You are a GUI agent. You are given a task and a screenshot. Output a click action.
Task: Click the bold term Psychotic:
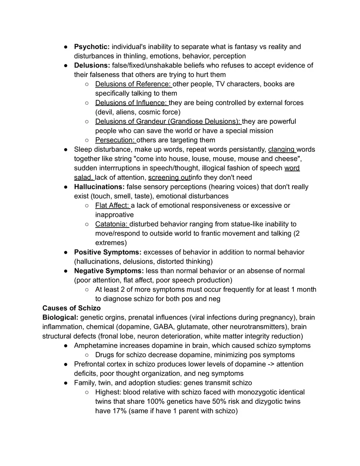[x=92, y=47]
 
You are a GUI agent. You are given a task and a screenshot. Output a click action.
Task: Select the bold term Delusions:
[x=92, y=65]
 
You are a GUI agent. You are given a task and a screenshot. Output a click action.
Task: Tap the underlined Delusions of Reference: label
[x=133, y=84]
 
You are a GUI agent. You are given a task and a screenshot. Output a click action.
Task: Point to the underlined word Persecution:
[x=115, y=140]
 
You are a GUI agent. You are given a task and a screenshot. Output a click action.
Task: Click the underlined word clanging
[x=281, y=149]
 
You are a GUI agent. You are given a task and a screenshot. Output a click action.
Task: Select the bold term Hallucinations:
[x=99, y=187]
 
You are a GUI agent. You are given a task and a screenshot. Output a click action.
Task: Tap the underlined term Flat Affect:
[x=112, y=205]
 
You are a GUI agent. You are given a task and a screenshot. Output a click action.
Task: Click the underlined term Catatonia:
[x=111, y=224]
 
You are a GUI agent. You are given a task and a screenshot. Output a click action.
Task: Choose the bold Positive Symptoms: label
[x=108, y=252]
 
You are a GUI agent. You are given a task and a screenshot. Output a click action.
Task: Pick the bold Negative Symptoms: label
[x=109, y=271]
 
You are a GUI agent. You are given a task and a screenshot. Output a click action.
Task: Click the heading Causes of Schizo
[x=71, y=308]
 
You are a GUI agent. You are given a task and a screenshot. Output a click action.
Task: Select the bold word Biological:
[x=60, y=317]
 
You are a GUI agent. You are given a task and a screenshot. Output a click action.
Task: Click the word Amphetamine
[x=95, y=345]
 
